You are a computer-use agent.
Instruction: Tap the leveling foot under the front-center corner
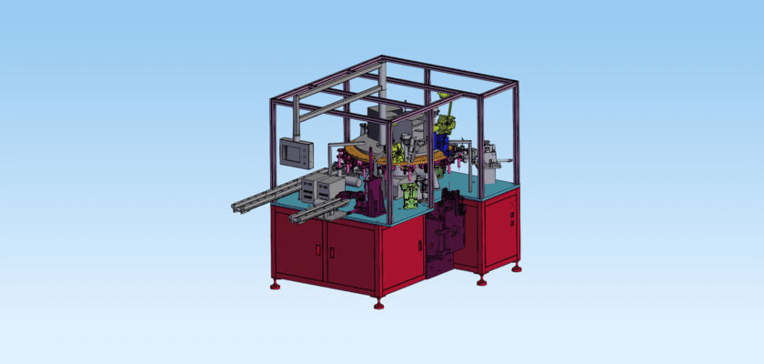coord(378,304)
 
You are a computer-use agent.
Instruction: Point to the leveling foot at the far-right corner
coord(517,268)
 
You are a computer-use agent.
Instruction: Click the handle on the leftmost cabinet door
coord(321,247)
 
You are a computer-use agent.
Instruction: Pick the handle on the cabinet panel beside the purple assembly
coord(419,245)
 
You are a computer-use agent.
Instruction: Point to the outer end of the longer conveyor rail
coord(234,207)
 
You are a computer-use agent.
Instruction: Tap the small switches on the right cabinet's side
coord(512,218)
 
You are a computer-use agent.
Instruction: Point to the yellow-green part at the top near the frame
coord(446,119)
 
